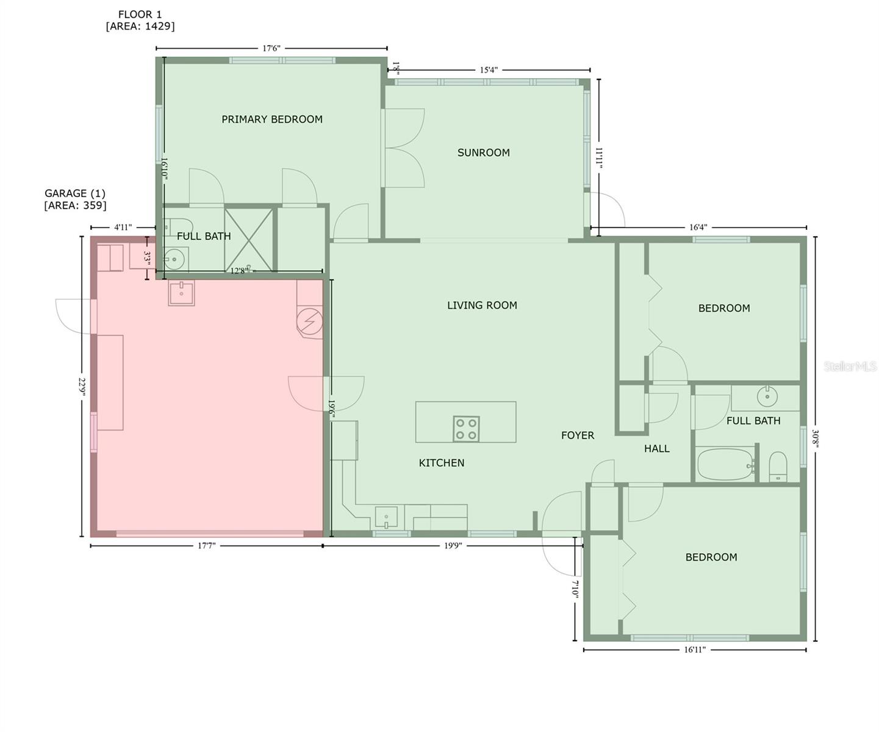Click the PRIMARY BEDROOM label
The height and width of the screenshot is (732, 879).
pos(271,120)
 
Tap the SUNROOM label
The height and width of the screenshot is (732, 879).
pos(483,152)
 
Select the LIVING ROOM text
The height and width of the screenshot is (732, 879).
pos(482,306)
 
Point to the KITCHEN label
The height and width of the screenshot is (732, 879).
pos(441,463)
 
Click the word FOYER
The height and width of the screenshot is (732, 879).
pos(577,436)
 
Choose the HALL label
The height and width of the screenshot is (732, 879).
pos(656,449)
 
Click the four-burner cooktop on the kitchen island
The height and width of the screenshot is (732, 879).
pos(466,428)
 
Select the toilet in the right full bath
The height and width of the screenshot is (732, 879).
pos(777,467)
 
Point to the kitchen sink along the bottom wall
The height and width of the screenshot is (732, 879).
pos(386,518)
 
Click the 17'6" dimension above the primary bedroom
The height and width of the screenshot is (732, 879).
pos(271,48)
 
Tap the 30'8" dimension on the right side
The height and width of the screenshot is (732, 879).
pos(816,439)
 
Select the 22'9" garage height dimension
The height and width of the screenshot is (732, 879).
pos(82,387)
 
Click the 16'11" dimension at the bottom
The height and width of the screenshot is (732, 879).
pos(694,650)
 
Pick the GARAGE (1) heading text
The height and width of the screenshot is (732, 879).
pos(75,193)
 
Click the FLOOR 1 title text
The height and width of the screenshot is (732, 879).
pos(140,15)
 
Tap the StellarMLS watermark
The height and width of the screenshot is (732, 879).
pos(850,366)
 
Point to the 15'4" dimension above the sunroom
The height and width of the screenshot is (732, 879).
pos(489,70)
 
